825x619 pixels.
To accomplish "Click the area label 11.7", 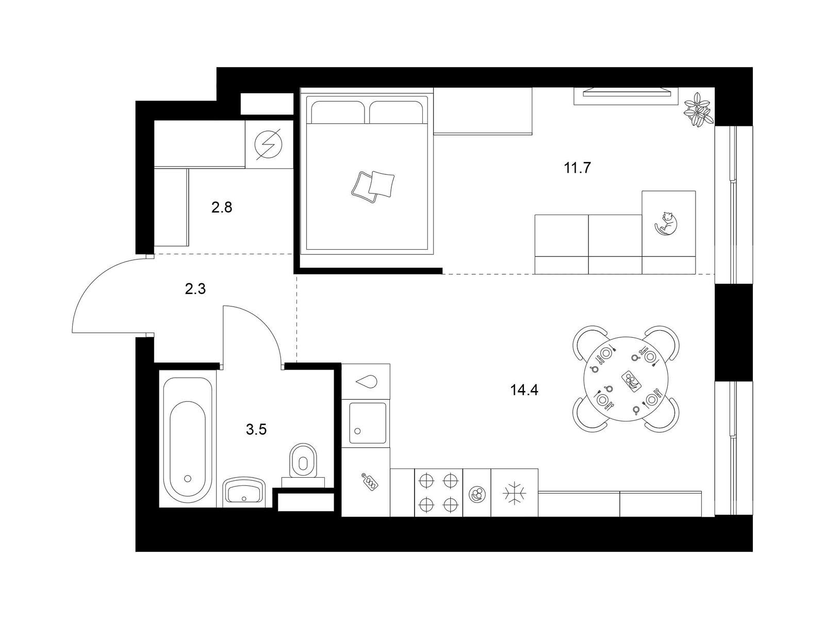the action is (577, 168).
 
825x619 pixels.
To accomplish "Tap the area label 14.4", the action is (524, 390).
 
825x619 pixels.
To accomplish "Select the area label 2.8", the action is (222, 207).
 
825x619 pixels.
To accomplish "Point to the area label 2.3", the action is (195, 289).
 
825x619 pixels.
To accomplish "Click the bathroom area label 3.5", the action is (256, 429).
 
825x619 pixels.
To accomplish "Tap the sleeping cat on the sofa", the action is (666, 224).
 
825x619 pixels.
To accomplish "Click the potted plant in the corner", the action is (698, 109).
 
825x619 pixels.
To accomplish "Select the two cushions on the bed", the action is (373, 187).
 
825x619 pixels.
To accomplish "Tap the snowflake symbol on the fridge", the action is (514, 493).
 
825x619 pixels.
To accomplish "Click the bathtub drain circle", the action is (188, 479).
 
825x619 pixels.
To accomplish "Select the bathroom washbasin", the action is (244, 492).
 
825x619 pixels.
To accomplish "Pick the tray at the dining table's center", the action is (631, 382).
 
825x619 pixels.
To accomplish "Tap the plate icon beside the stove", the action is (477, 494).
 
